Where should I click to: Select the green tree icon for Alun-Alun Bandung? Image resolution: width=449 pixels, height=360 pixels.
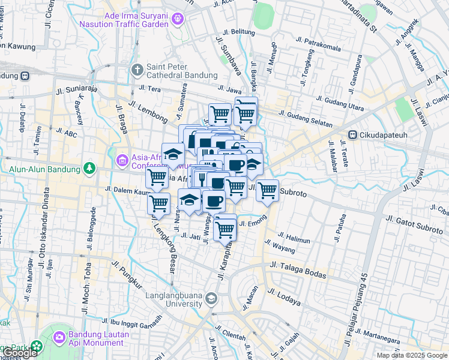[x=89, y=167]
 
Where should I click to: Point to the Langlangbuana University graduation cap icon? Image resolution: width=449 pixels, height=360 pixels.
[x=211, y=298]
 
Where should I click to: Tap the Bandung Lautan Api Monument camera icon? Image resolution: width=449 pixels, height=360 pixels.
[x=59, y=337]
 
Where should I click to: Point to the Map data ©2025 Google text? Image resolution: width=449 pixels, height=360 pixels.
[x=411, y=355]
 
